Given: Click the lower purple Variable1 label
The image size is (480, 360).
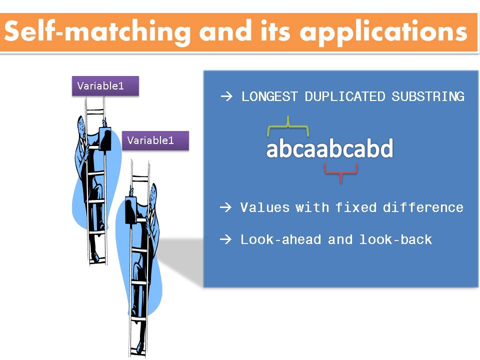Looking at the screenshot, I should [155, 140].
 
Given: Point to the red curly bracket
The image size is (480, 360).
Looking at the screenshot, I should [341, 172].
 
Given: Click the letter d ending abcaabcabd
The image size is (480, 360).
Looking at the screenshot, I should [385, 149].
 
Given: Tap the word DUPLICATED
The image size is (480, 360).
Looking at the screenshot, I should [345, 96].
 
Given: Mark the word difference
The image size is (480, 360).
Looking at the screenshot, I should [423, 207].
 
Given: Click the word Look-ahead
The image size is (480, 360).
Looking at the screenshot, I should [280, 239].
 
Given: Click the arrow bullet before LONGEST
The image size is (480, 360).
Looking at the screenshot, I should [226, 97].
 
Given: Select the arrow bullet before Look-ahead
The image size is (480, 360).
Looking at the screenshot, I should [226, 240].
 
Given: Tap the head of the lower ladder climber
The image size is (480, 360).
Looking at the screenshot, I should [153, 192].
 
